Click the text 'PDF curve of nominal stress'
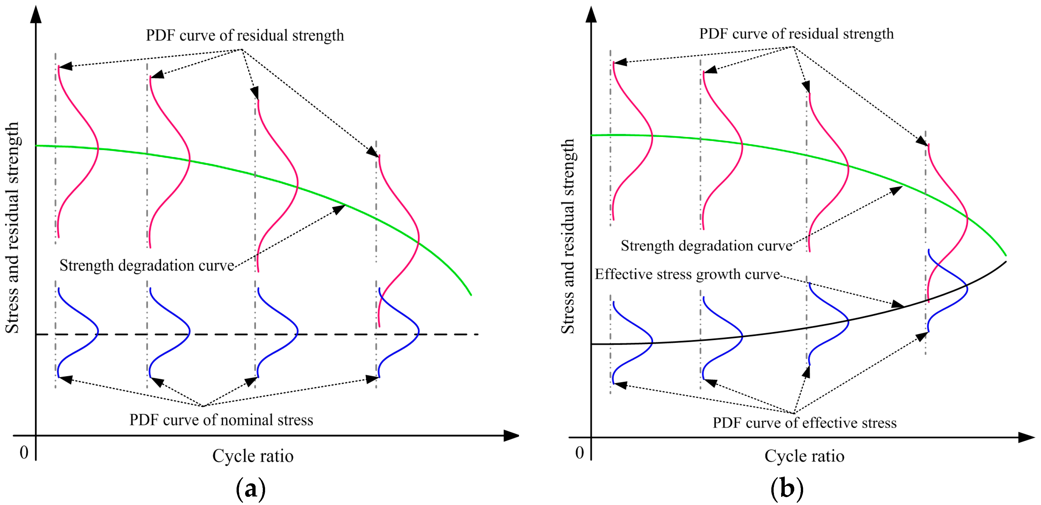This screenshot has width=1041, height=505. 221,420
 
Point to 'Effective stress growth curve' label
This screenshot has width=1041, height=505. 687,275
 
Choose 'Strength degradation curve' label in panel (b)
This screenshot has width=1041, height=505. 706,246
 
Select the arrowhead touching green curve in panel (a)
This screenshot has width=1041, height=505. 339,209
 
